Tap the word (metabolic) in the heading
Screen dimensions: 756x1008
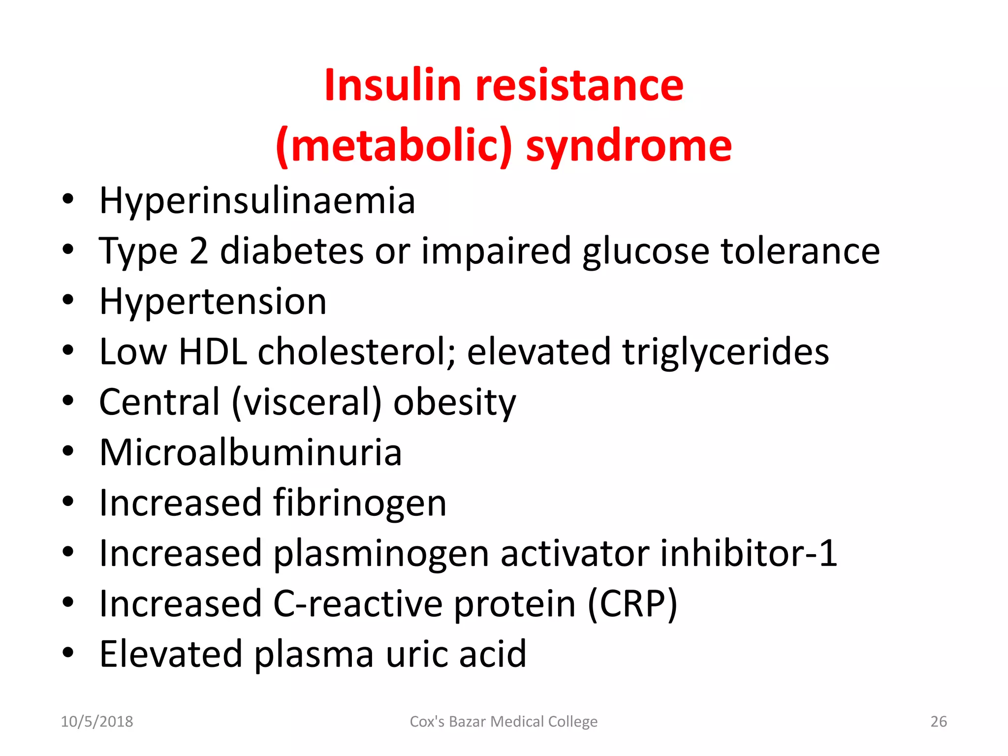394,146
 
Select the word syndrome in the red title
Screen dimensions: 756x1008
629,147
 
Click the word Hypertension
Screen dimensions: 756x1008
213,302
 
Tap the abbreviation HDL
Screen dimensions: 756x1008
213,352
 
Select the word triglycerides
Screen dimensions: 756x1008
725,353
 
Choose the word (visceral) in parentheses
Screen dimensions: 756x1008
307,403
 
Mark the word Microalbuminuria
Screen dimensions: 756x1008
251,453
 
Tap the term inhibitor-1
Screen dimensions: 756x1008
748,553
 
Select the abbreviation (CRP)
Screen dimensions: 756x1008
632,604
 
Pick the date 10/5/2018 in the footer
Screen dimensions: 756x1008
97,722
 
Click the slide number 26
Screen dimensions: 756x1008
939,722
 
